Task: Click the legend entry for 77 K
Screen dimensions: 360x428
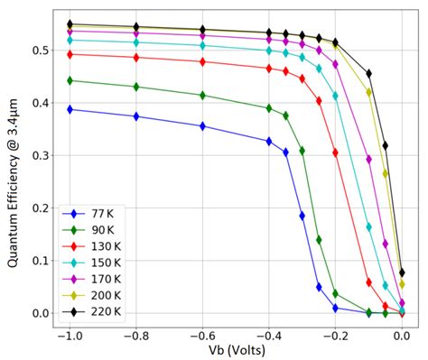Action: coord(90,215)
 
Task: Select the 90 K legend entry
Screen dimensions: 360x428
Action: coord(90,231)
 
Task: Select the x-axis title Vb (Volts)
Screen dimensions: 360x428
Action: coord(235,349)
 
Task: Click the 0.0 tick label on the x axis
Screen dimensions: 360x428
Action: coord(402,334)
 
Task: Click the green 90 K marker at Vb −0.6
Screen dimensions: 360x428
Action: coord(202,95)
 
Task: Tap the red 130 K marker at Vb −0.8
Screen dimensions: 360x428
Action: coord(135,58)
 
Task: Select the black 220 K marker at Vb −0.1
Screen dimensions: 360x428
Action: coord(368,73)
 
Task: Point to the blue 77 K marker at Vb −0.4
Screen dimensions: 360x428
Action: coord(269,141)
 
